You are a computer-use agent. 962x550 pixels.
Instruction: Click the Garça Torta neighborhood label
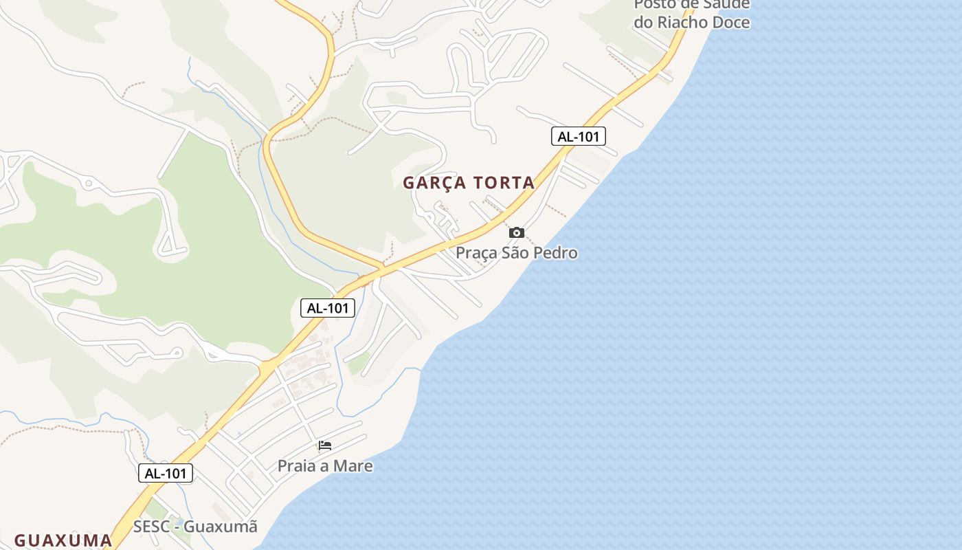[469, 183]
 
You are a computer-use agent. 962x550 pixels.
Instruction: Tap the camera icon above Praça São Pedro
[517, 233]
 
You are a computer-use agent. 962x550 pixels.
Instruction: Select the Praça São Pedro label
[517, 253]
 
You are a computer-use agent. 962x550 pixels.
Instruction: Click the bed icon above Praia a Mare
[325, 445]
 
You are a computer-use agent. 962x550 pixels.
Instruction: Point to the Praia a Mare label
[325, 466]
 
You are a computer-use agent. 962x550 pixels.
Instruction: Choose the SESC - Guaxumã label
[195, 527]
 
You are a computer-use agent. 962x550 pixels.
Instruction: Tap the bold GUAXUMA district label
[63, 540]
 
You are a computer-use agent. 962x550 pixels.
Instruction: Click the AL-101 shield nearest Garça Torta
[578, 136]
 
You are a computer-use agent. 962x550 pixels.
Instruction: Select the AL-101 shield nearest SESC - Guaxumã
[166, 473]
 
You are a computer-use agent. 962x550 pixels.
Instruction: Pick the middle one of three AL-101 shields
[328, 308]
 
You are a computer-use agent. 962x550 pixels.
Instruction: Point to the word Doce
[732, 22]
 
